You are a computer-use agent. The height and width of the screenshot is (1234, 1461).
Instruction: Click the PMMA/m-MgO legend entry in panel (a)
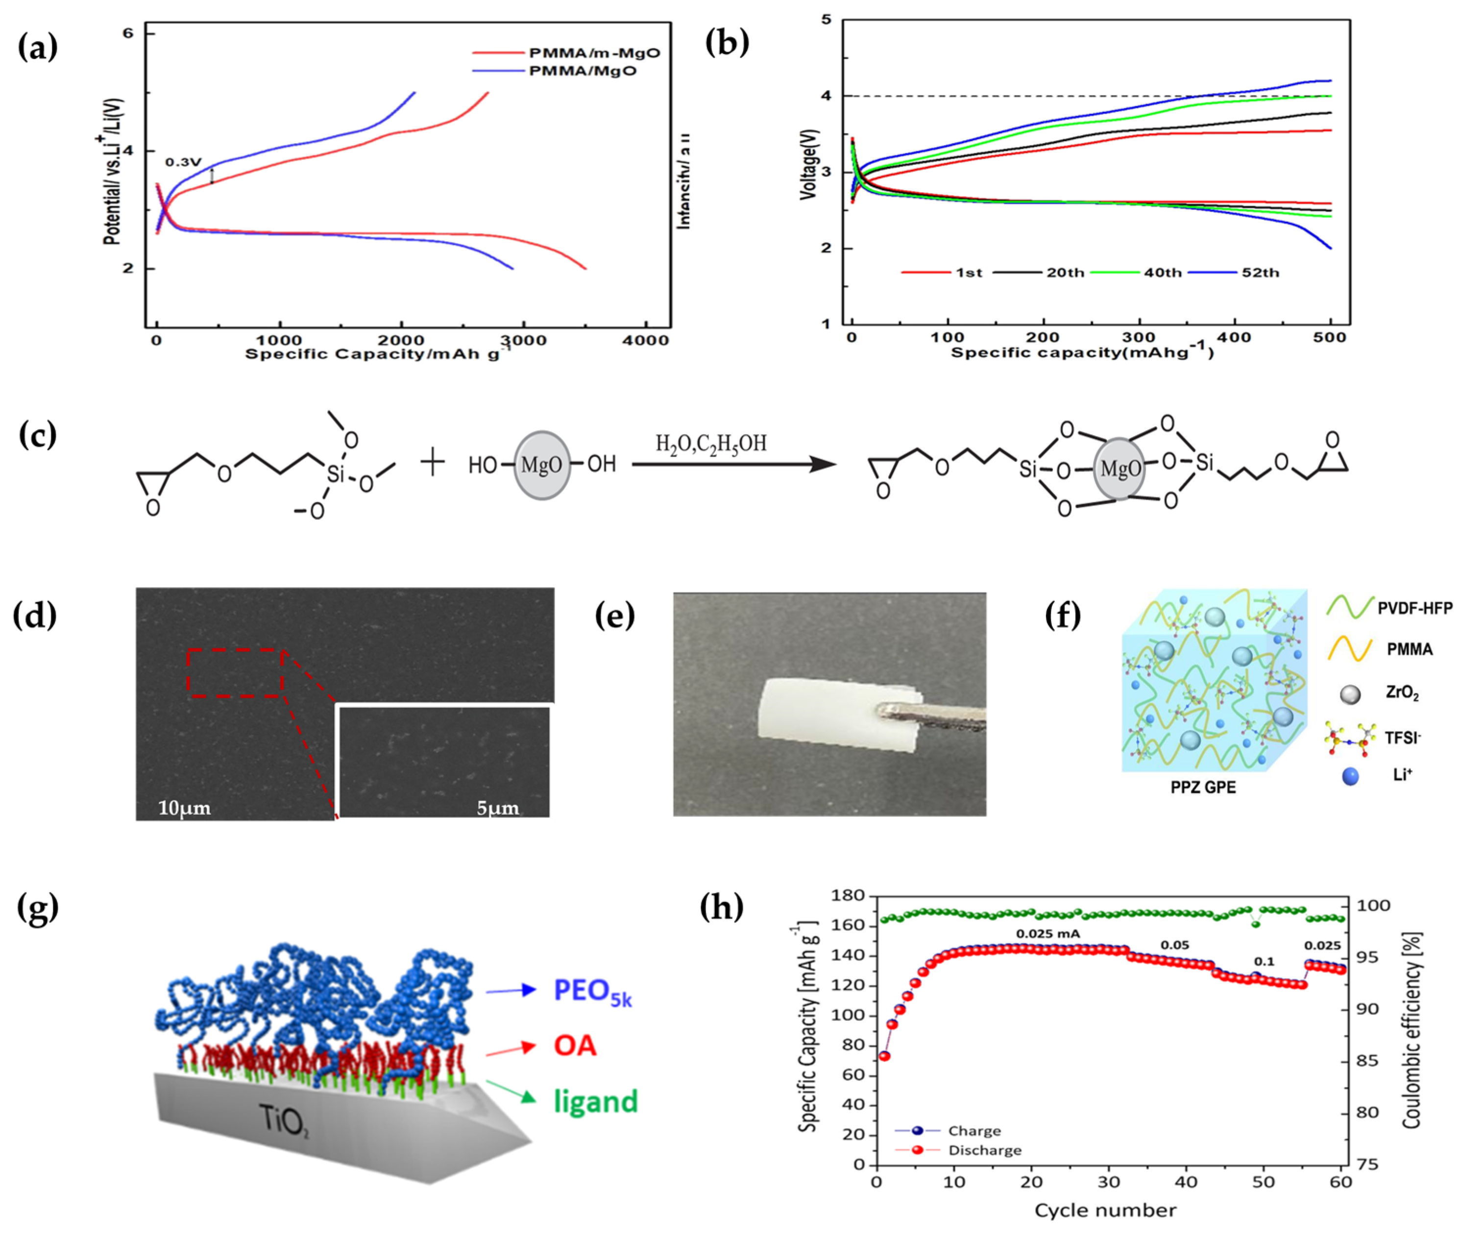coord(594,52)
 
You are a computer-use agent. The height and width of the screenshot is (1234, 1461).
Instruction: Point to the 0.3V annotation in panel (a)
coord(183,162)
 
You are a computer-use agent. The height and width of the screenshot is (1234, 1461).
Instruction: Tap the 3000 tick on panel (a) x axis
coord(525,340)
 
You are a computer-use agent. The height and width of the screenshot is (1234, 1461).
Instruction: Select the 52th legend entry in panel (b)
coord(1260,272)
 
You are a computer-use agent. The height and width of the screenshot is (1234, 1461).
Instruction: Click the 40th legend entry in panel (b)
coord(1162,272)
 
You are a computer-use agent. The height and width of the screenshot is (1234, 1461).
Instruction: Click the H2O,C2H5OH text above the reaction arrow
coord(710,444)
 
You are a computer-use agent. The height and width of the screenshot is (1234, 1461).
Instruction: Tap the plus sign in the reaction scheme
coord(433,463)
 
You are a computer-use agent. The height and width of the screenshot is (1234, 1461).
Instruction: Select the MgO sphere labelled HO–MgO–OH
coord(541,465)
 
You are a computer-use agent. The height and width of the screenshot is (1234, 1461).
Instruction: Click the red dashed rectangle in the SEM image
coord(236,672)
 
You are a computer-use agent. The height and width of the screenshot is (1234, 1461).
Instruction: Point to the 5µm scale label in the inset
coord(497,809)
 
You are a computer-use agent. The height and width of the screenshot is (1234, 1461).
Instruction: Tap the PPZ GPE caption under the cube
coord(1203,787)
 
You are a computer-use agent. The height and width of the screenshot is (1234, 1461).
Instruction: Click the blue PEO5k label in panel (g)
coord(592,991)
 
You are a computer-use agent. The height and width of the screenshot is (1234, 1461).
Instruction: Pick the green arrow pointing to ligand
coord(511,1092)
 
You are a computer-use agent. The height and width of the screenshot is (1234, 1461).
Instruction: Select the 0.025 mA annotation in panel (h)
coord(1047,933)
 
